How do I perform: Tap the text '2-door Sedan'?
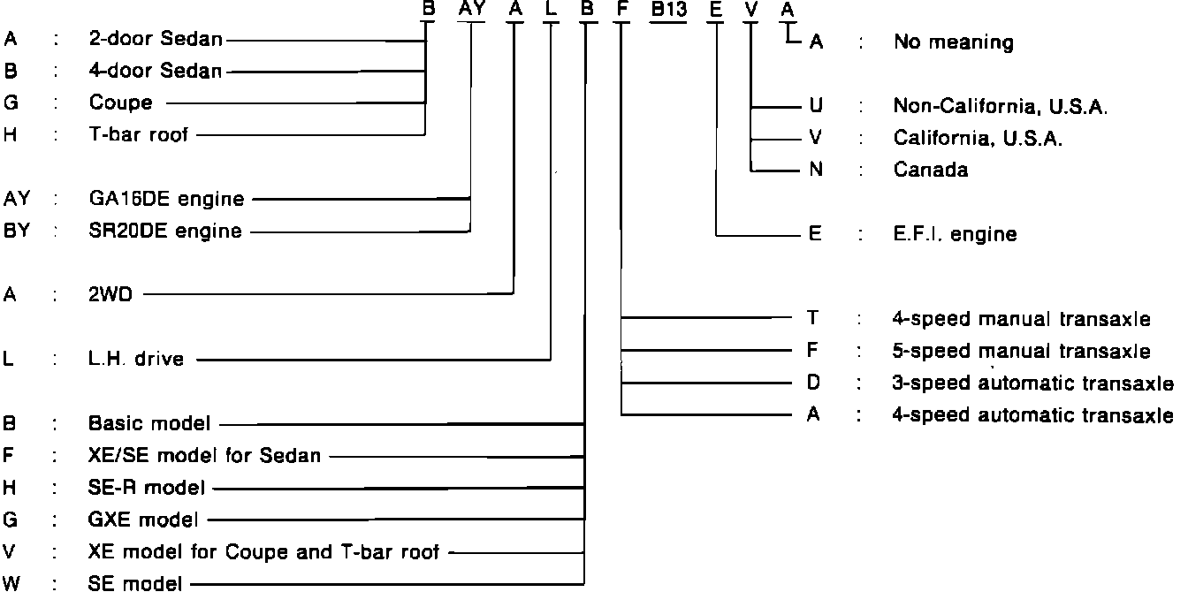point(156,39)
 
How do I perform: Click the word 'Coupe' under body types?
point(120,102)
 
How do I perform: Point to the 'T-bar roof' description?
point(138,134)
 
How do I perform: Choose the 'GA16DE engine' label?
point(165,199)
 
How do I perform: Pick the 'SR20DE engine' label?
point(165,231)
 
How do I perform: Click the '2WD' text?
point(110,295)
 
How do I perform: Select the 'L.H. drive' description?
point(136,360)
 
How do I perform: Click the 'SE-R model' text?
point(147,487)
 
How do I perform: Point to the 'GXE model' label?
point(143,520)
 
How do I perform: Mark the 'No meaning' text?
point(953,42)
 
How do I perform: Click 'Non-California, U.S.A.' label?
point(1001,107)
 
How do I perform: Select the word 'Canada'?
point(930,170)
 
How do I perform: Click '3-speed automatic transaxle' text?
point(1033,383)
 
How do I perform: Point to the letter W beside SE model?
point(12,583)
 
